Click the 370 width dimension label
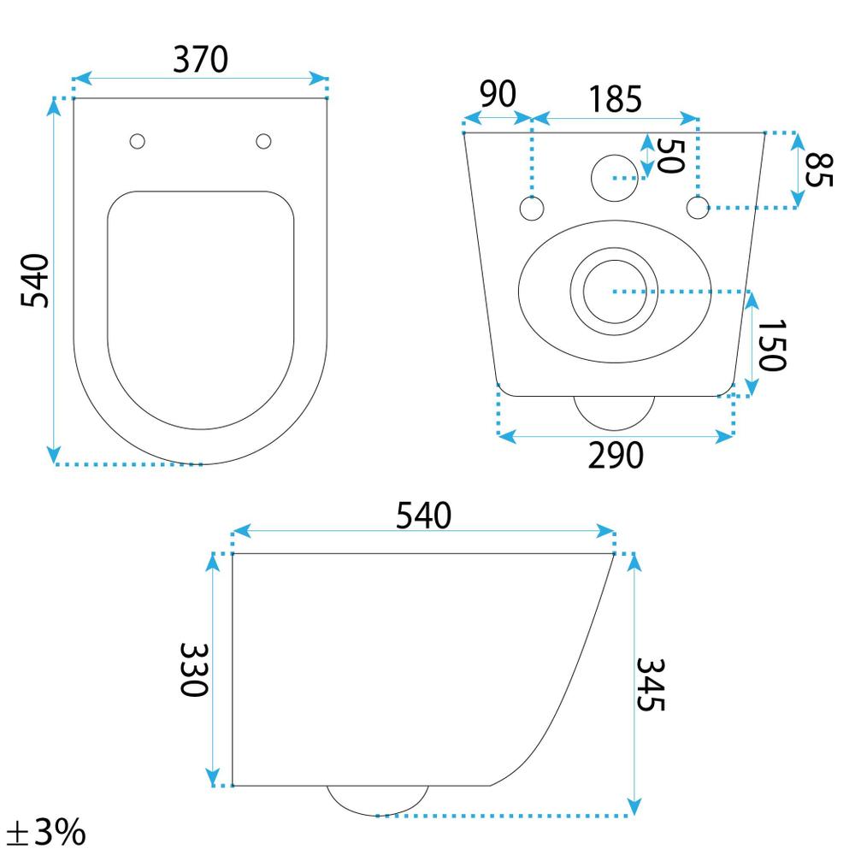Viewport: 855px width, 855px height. point(201,59)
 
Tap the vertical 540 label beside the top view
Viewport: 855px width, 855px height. point(35,280)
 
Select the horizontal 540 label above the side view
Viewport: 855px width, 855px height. point(422,514)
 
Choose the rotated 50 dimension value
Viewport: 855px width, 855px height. point(669,155)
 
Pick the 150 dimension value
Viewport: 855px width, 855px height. point(772,345)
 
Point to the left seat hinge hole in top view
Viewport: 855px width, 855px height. point(137,141)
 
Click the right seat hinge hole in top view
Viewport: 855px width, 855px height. point(263,141)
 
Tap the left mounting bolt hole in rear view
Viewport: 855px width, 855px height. point(532,208)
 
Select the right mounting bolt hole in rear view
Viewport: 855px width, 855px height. point(698,207)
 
